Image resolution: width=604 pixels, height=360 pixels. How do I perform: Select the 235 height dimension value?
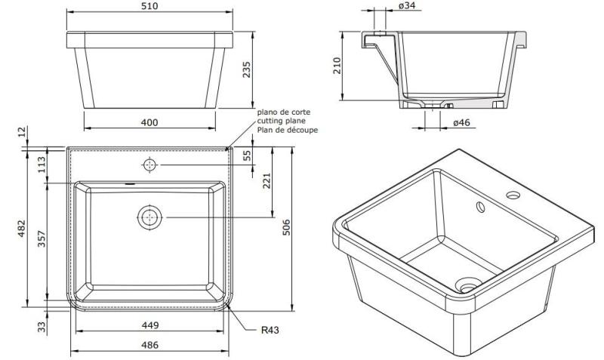[266, 70]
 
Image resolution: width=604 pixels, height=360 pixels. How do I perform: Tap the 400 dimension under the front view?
[149, 122]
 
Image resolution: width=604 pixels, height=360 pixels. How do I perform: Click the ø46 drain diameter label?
[463, 122]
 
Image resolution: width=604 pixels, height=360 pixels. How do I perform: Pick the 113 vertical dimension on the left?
[42, 165]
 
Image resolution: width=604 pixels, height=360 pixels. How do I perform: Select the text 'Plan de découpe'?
[288, 130]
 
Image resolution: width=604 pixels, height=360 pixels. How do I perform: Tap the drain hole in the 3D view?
[468, 285]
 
